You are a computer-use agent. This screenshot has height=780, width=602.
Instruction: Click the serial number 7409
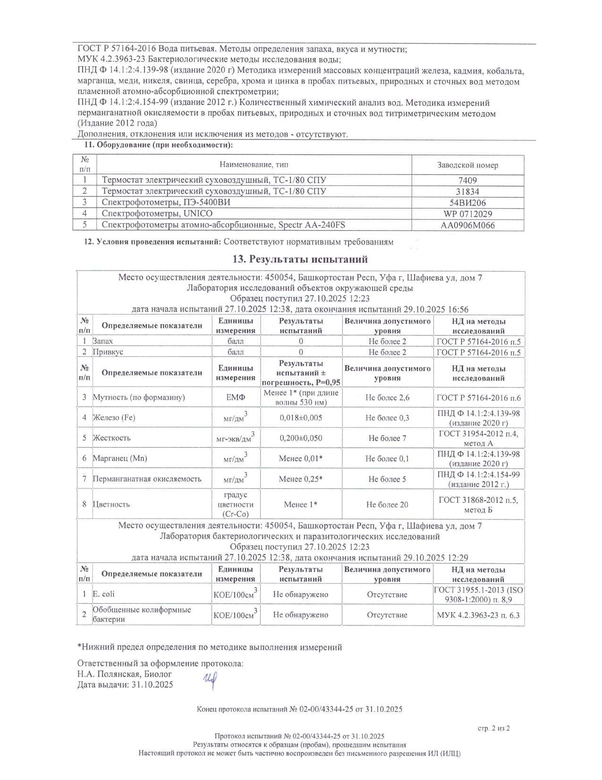pyautogui.click(x=467, y=180)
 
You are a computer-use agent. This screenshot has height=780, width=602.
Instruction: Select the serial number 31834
pyautogui.click(x=467, y=191)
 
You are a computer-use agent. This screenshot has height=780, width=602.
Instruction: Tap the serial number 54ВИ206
pyautogui.click(x=467, y=203)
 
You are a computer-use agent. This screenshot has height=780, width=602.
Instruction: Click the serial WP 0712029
pyautogui.click(x=467, y=214)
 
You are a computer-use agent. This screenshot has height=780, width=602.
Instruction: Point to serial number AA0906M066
pyautogui.click(x=467, y=225)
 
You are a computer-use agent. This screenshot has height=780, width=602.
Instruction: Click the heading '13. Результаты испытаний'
pyautogui.click(x=300, y=259)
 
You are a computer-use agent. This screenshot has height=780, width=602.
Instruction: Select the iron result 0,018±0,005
pyautogui.click(x=301, y=418)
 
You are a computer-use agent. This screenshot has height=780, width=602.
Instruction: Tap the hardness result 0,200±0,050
pyautogui.click(x=301, y=438)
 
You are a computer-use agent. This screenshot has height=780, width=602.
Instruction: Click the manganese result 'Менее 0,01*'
pyautogui.click(x=301, y=459)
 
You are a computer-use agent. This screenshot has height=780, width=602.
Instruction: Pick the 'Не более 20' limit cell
pyautogui.click(x=387, y=505)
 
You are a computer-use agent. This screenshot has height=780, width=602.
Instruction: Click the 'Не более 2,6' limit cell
pyautogui.click(x=387, y=398)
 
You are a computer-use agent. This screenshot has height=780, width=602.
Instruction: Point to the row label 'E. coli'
pyautogui.click(x=103, y=594)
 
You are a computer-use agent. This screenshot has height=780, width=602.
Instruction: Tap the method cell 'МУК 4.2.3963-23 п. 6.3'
pyautogui.click(x=478, y=615)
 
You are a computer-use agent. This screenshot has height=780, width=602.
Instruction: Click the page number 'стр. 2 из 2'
pyautogui.click(x=493, y=728)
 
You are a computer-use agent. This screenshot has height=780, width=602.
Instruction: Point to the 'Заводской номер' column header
pyautogui.click(x=467, y=165)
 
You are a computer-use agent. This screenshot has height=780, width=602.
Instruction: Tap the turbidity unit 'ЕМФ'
pyautogui.click(x=236, y=398)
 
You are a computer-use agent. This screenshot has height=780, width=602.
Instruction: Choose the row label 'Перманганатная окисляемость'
pyautogui.click(x=147, y=479)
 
